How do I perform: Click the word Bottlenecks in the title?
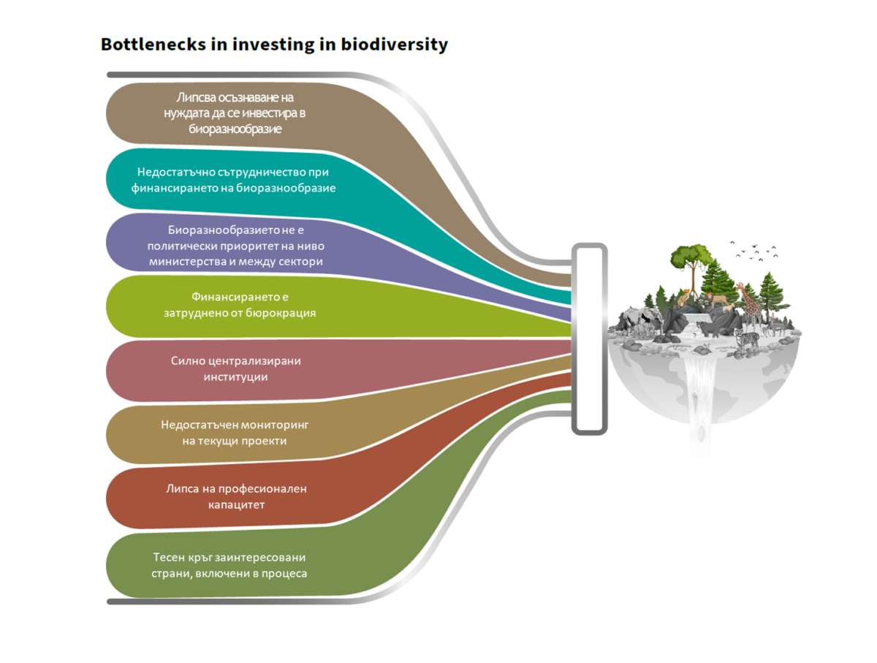153,44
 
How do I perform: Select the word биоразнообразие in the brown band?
235,129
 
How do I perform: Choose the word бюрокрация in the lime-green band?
280,313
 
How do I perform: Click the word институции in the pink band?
235,377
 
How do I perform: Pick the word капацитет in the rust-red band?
236,505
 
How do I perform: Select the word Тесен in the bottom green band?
168,557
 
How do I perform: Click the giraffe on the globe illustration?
750,308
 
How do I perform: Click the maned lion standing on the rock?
716,300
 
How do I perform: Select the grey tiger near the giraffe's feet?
746,340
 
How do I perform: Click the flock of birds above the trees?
753,251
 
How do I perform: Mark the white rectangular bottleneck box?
589,339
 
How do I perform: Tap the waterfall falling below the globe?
700,404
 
